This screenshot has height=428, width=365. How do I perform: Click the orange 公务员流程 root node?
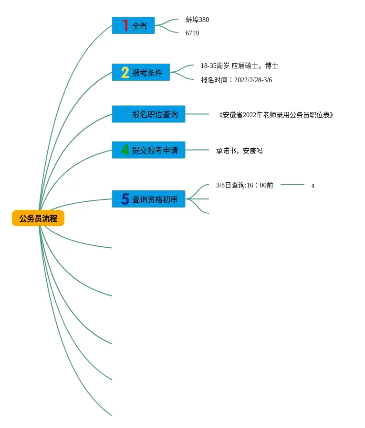(x=38, y=218)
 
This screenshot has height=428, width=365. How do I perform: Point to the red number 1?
(x=125, y=25)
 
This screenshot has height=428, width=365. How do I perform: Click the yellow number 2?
(x=125, y=73)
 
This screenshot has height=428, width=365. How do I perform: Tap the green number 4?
(x=125, y=150)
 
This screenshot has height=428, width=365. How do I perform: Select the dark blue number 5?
(x=125, y=199)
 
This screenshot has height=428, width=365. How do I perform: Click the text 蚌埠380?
(x=197, y=20)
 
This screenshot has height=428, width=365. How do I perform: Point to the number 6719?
(x=192, y=33)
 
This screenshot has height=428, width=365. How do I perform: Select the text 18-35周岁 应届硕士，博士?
(x=239, y=66)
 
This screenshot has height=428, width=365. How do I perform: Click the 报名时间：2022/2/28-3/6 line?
(x=236, y=80)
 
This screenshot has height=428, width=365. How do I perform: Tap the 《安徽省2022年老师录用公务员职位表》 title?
(x=276, y=115)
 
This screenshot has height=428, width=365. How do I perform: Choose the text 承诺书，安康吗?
(x=239, y=151)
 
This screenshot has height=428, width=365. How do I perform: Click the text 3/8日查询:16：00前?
(x=244, y=185)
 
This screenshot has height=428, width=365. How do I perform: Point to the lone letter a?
(x=313, y=186)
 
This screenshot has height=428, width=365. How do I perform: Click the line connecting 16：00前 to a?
(x=292, y=185)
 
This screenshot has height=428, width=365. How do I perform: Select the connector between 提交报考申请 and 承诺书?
(x=197, y=150)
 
